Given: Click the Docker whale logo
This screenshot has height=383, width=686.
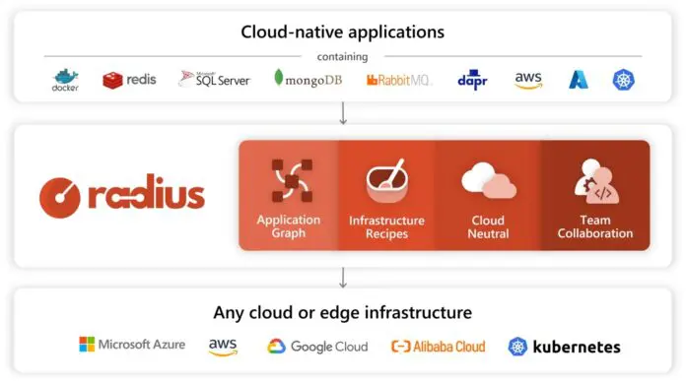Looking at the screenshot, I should point(65,80).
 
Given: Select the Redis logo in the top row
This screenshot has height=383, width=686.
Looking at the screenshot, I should point(129,80).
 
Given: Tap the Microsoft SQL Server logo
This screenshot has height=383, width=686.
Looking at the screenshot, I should point(214,79).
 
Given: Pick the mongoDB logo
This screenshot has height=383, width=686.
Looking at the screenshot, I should point(308,79).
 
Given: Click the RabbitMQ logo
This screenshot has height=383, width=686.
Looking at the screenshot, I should point(399,80).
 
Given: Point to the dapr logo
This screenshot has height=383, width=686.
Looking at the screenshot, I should point(473,79).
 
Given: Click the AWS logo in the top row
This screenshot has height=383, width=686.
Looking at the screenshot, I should point(528,80).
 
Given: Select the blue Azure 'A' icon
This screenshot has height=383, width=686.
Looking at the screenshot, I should point(579,80).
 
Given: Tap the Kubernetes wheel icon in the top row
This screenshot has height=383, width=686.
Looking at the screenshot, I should point(623,80).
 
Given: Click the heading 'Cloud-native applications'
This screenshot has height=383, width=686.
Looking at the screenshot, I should point(343,32).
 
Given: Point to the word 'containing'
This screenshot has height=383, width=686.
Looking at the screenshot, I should point(343,56).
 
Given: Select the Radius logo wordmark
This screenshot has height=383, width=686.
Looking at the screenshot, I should point(122,194).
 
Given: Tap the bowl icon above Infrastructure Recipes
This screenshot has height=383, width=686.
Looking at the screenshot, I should point(386,179).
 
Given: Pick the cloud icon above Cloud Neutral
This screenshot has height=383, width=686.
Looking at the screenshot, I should point(489,181).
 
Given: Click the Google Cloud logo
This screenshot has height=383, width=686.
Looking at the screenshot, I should point(316,346).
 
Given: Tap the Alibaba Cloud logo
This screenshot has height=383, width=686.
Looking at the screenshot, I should point(438,346).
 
